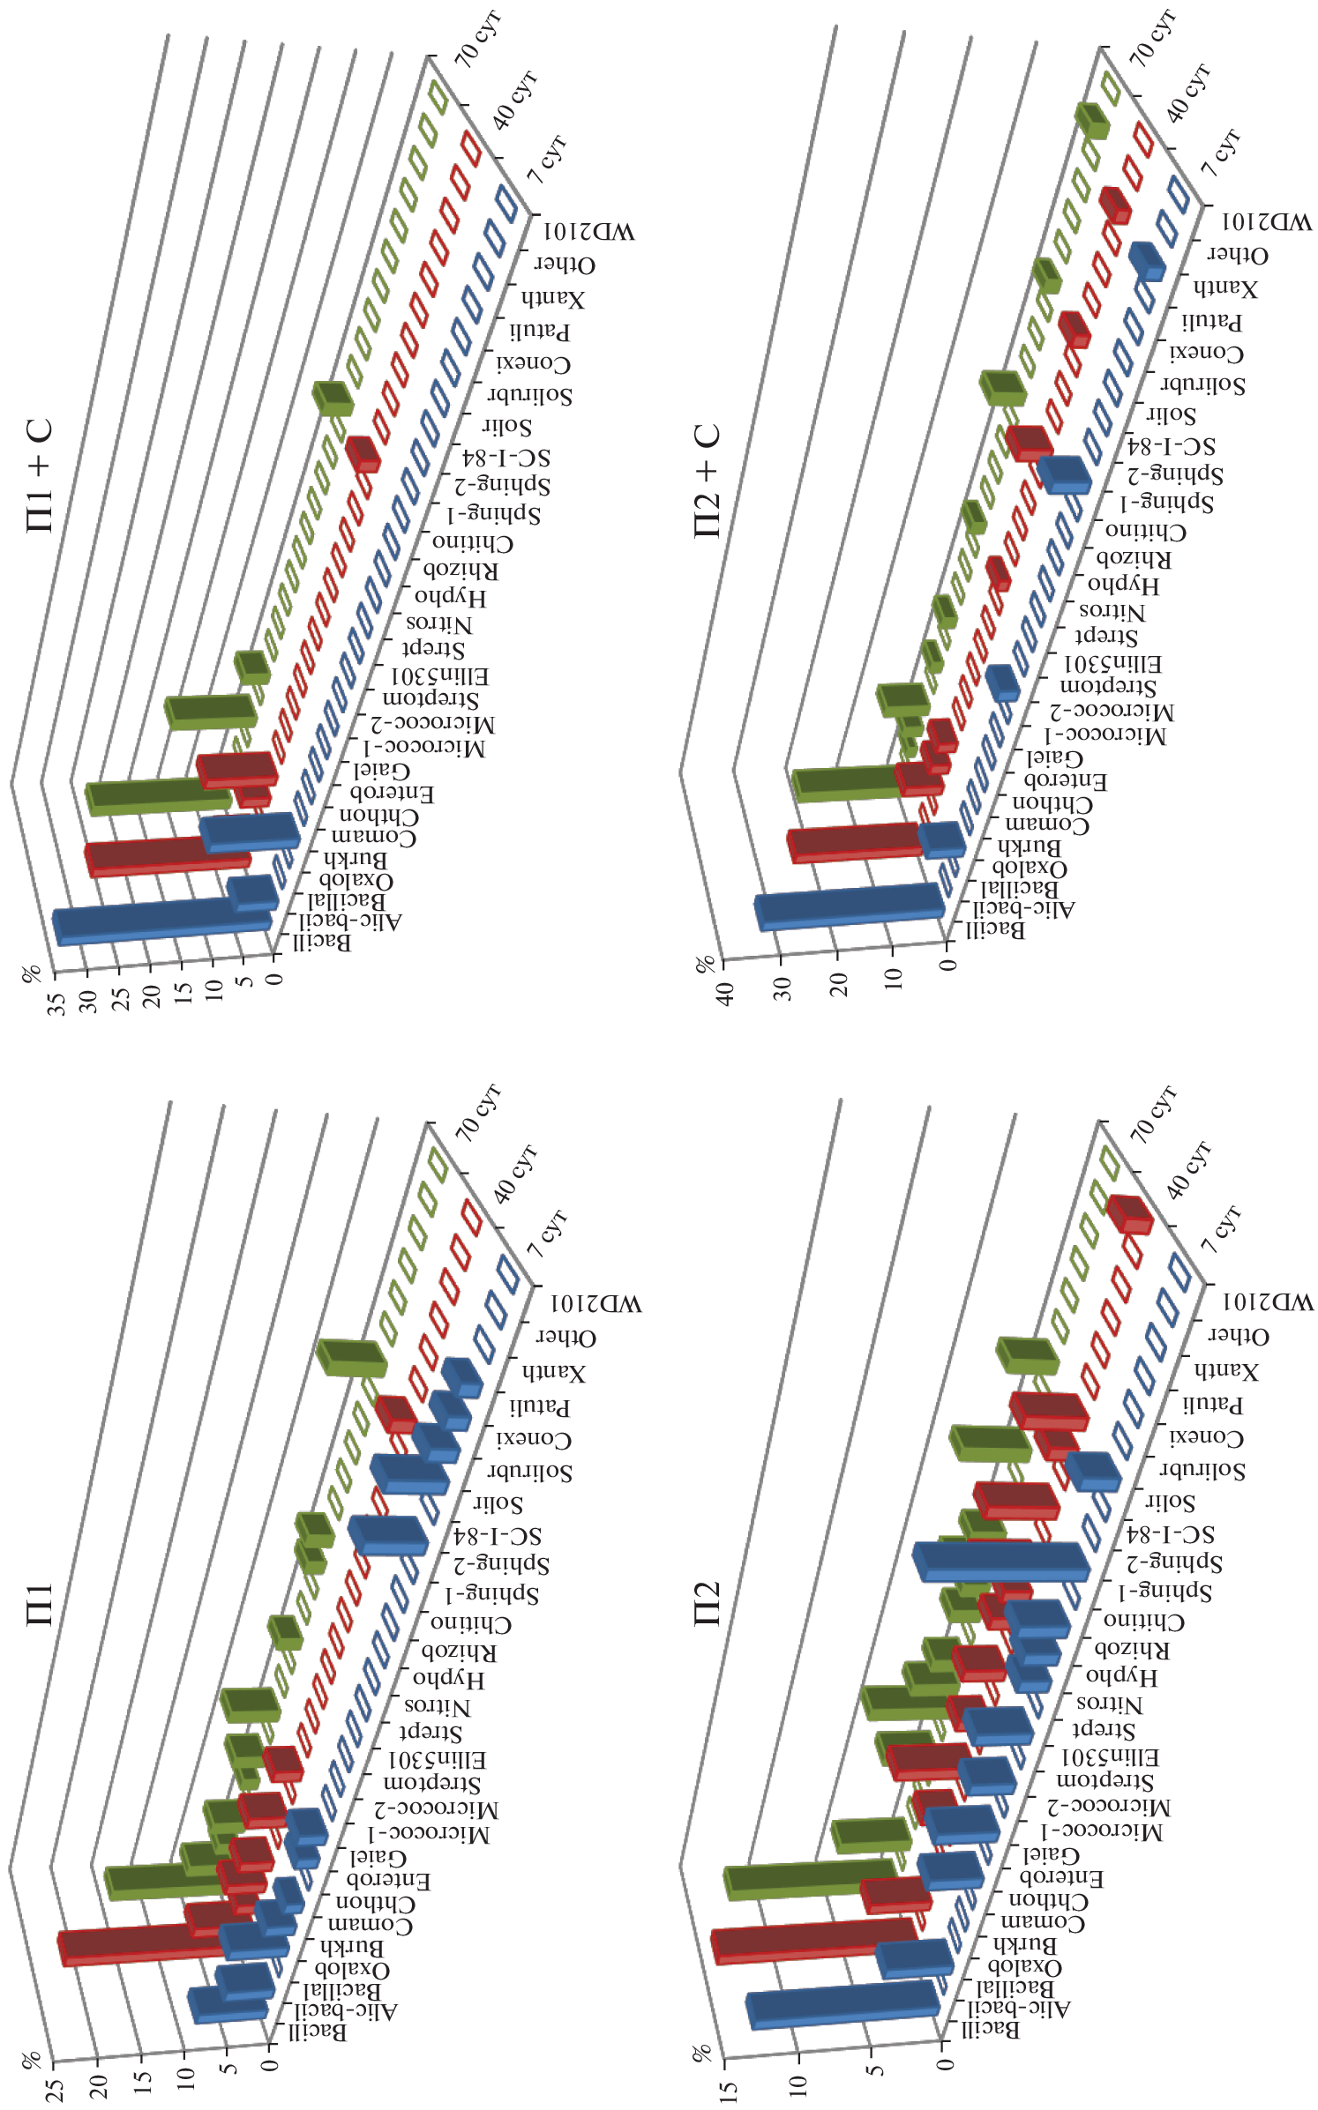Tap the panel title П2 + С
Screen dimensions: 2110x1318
click(708, 481)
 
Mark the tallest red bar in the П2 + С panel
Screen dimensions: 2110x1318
click(851, 842)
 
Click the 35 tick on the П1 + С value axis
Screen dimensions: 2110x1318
click(57, 1003)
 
